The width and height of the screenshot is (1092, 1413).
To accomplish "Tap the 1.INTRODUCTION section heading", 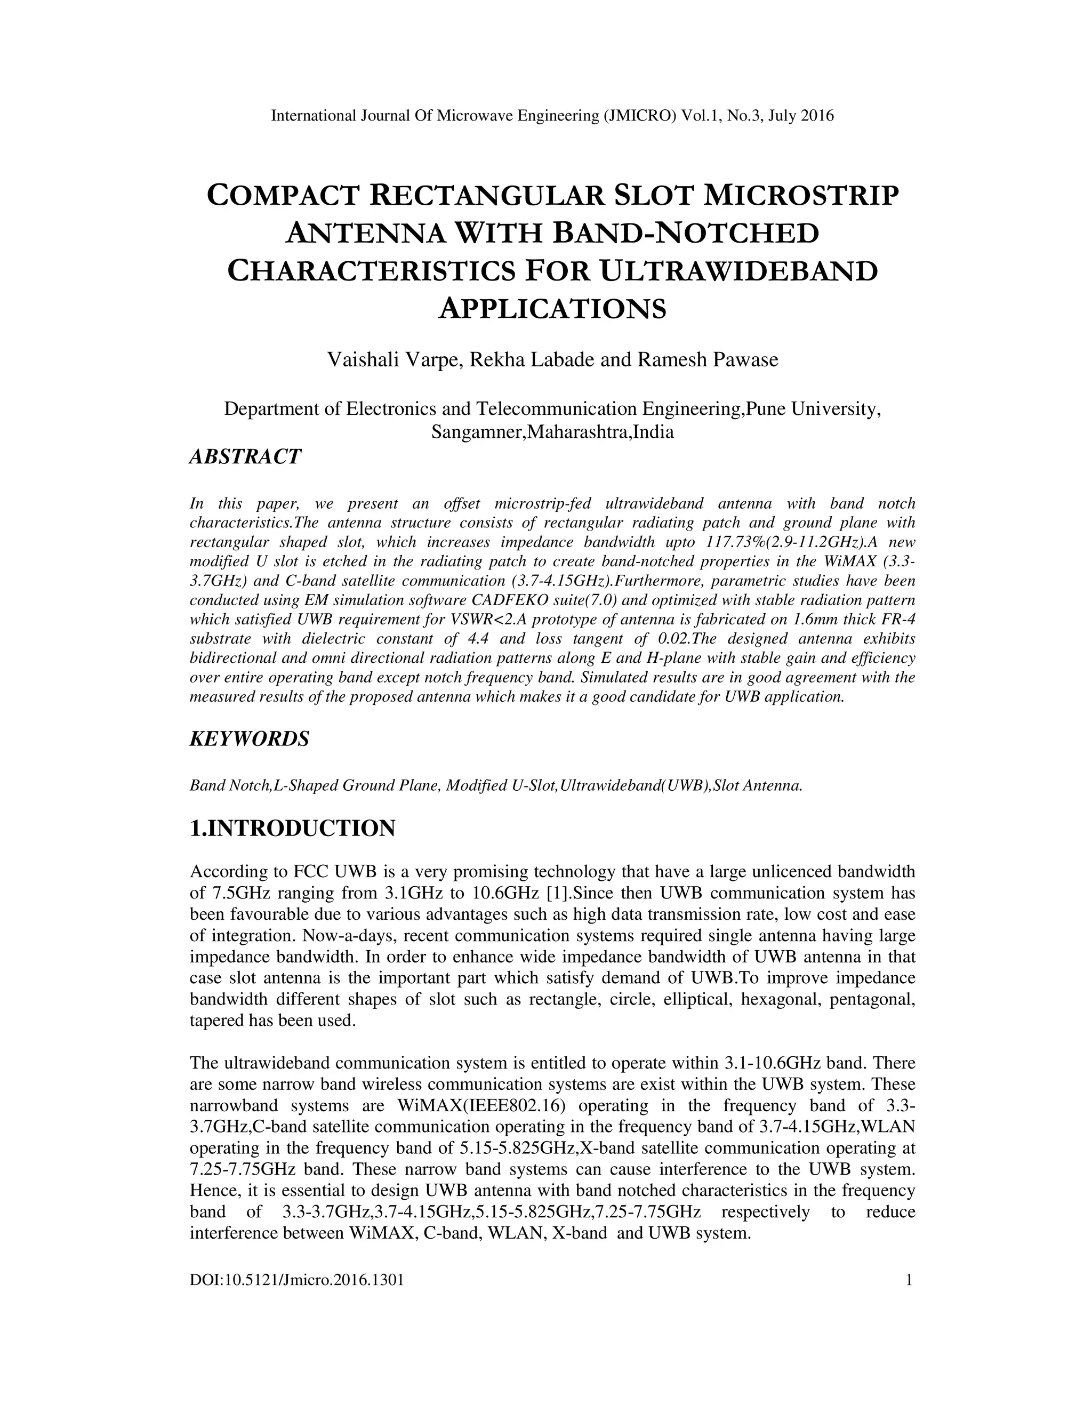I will pos(292,828).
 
